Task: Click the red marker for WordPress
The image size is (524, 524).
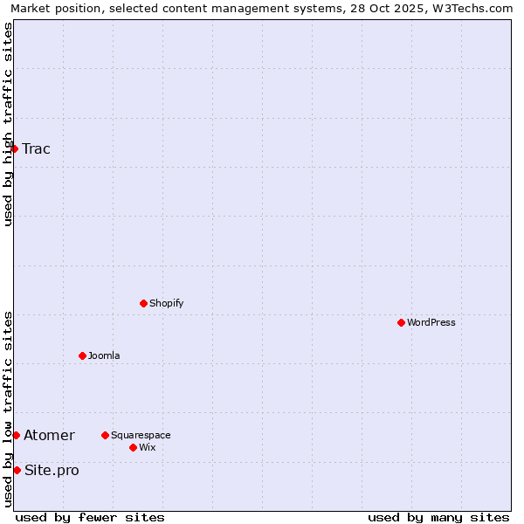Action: (401, 322)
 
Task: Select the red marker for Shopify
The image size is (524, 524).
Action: (143, 303)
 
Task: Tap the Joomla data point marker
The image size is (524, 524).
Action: (82, 355)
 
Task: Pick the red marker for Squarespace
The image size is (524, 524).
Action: (105, 435)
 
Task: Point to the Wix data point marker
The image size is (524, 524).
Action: (133, 447)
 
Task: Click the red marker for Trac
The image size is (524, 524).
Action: (15, 148)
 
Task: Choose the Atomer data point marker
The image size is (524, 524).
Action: (16, 435)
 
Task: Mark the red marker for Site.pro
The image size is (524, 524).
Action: (17, 470)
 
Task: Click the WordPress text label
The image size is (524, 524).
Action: (431, 322)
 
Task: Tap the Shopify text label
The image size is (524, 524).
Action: (167, 303)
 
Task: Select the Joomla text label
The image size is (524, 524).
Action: (104, 355)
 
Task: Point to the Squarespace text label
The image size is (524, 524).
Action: (141, 435)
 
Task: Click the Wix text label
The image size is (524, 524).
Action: (148, 447)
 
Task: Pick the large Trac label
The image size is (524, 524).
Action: (37, 148)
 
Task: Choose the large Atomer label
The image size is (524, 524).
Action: (49, 435)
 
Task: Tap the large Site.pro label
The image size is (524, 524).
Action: (52, 470)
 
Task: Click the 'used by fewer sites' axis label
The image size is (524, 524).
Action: (90, 517)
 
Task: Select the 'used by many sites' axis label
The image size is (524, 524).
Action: (438, 517)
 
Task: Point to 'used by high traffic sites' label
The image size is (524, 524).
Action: (9, 124)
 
